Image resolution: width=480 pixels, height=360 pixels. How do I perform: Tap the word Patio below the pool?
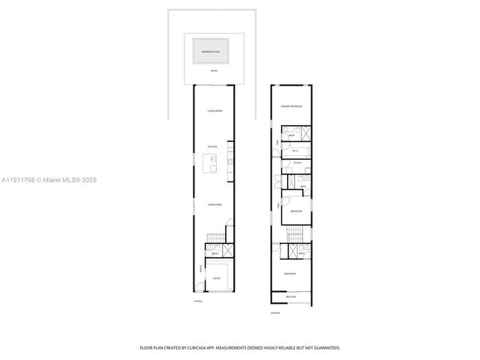(214, 70)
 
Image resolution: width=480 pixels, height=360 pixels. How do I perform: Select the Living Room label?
(214, 111)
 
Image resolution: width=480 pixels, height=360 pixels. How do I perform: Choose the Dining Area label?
(214, 204)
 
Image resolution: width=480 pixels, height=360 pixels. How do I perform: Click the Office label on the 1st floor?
(216, 279)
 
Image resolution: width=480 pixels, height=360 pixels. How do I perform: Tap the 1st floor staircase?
(214, 239)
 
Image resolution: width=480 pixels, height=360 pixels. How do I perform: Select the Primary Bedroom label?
(291, 106)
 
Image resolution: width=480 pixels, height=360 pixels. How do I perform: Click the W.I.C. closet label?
(295, 151)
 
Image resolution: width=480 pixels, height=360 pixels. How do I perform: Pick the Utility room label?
(296, 162)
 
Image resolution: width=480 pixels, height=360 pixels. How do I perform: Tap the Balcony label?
(291, 297)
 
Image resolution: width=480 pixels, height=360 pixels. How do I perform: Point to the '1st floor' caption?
(198, 301)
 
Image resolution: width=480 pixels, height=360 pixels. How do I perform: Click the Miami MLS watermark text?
(49, 180)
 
